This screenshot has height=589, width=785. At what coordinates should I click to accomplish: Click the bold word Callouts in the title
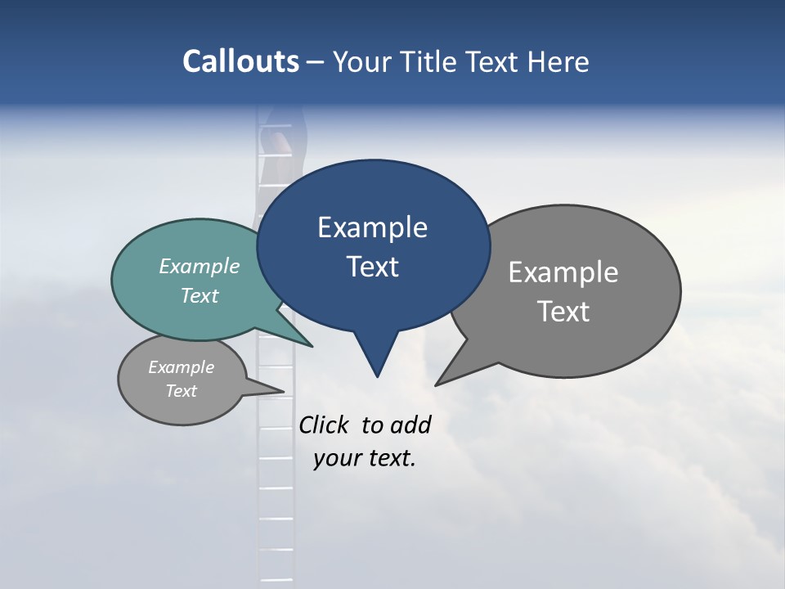pos(240,61)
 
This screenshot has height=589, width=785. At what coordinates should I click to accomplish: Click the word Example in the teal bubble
pos(200,267)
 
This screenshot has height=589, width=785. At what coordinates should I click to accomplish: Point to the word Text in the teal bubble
pos(200,295)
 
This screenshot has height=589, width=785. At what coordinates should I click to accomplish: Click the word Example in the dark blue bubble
pos(372,227)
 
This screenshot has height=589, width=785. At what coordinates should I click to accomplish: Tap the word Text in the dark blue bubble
pos(372,267)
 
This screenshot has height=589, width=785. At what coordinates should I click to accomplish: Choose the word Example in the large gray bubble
pos(563,272)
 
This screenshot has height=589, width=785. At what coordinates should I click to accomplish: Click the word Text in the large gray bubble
pos(563,312)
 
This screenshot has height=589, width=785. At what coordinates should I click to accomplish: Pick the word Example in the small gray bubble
pos(181,367)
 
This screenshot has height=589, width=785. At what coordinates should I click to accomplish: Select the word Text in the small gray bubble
pos(181,391)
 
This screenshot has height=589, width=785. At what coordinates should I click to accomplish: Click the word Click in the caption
pos(324,425)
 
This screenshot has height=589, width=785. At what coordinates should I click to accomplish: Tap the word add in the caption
pos(410,425)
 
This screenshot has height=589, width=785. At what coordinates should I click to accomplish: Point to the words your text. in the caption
pos(365,458)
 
